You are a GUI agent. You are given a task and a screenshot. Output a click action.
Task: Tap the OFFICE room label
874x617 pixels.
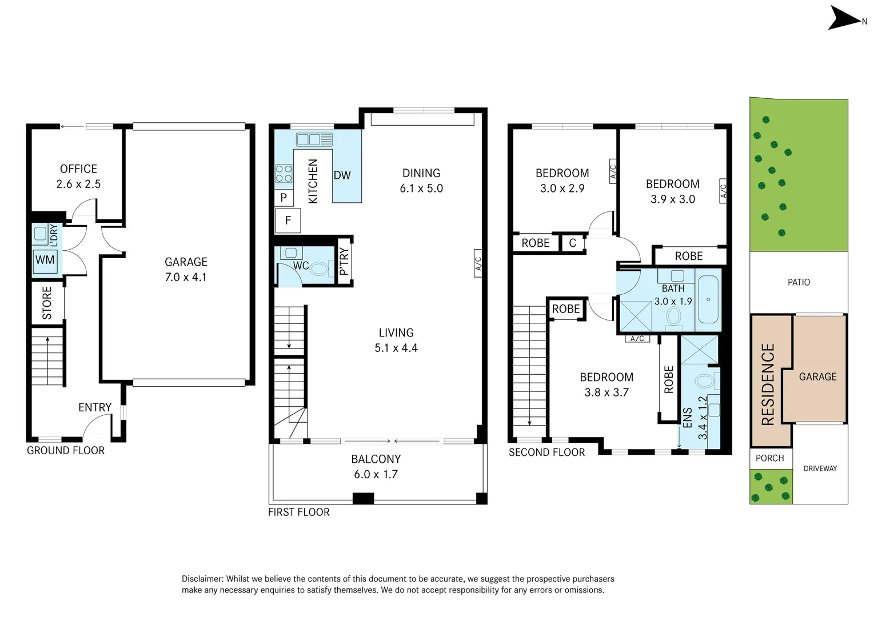(78, 169)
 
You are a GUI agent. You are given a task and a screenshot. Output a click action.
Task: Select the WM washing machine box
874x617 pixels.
(45, 261)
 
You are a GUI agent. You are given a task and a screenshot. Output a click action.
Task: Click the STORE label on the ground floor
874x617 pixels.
(47, 303)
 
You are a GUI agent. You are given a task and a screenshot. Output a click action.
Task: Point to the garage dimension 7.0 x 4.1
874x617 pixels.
(186, 277)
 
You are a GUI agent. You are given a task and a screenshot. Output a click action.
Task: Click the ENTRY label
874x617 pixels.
(95, 407)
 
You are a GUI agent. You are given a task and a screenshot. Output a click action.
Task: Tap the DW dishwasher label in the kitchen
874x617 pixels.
(342, 175)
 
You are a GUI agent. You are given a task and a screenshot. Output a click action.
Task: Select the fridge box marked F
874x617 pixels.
(288, 221)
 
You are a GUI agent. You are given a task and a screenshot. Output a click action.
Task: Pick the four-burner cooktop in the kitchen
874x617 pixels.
(284, 174)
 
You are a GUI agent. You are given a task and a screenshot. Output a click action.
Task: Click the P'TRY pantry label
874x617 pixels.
(344, 262)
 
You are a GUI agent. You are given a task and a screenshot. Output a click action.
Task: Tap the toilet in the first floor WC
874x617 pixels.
(319, 269)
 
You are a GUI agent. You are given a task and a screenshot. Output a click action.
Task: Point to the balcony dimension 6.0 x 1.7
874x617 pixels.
(376, 474)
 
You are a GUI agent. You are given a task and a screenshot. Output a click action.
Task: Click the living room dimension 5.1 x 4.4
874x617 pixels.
(396, 348)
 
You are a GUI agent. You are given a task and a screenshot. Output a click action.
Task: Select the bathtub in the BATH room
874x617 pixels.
(708, 299)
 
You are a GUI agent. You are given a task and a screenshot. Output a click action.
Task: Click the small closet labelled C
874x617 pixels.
(572, 243)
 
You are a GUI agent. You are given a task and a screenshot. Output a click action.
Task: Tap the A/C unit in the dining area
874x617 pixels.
(478, 263)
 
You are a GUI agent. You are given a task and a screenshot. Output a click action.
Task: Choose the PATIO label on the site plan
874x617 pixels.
(799, 282)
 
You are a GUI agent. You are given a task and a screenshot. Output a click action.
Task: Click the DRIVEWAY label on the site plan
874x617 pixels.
(820, 468)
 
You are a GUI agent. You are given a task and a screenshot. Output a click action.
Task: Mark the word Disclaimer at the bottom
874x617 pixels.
(202, 579)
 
